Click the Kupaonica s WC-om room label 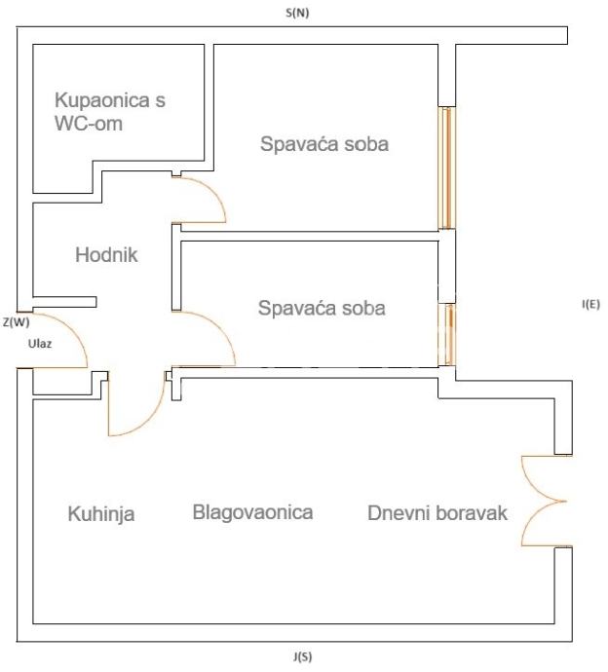point(110,111)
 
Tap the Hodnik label point(106,254)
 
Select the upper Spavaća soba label point(324,143)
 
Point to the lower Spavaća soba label point(322,308)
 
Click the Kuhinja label point(101,514)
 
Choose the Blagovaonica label point(252,512)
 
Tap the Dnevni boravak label point(437,512)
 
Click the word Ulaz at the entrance point(40,344)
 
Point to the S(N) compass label point(297,13)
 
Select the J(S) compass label point(302,656)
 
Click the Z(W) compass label point(17,321)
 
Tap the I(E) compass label point(590,304)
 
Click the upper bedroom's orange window point(446,168)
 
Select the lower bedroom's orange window point(447,335)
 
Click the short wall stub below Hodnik point(64,302)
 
